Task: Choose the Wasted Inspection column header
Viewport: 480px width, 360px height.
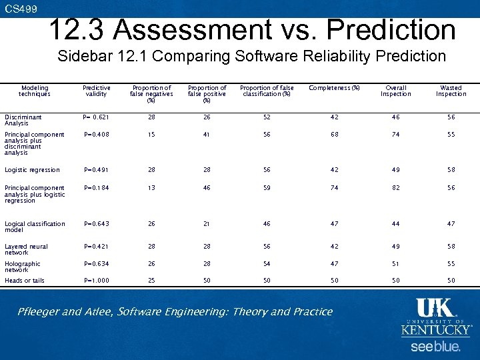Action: tap(451, 91)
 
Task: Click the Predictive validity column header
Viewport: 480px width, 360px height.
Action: tap(97, 91)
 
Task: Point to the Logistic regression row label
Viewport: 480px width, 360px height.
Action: tap(32, 170)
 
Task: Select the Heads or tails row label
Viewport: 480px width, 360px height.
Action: tap(25, 281)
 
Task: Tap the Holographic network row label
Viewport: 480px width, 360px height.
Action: tap(23, 267)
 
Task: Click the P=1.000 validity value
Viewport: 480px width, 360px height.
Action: tap(97, 281)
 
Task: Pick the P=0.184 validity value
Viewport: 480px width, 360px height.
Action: tap(97, 188)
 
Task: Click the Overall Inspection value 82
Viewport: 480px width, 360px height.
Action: tap(396, 188)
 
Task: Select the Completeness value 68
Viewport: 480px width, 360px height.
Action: tap(334, 134)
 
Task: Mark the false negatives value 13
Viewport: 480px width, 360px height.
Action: tap(151, 188)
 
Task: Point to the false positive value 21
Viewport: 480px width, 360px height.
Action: tap(207, 224)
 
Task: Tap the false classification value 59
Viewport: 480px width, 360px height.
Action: tap(267, 188)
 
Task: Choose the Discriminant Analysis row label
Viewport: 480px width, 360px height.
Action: tap(23, 120)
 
